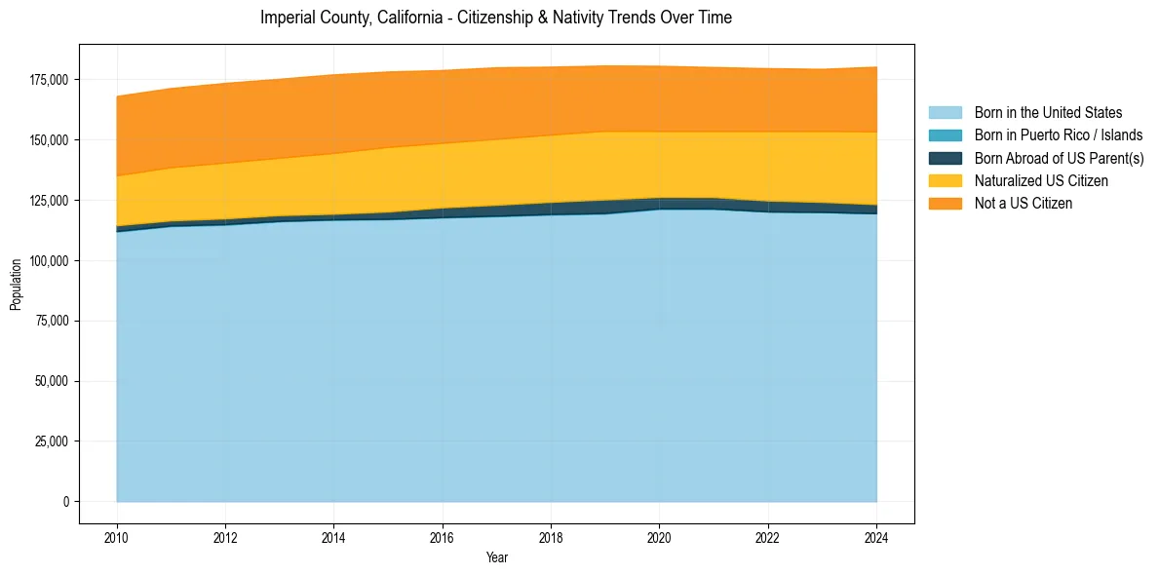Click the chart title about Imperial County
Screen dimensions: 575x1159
(x=496, y=18)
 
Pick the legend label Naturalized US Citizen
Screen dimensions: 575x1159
(x=1041, y=180)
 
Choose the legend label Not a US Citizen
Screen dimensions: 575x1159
(x=1024, y=203)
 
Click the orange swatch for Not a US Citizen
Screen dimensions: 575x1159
(x=945, y=203)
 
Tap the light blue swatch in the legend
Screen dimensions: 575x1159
(x=945, y=113)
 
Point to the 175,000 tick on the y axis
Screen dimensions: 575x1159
(x=50, y=80)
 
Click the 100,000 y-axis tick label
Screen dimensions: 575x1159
(x=50, y=261)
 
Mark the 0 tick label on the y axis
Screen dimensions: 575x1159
(x=66, y=502)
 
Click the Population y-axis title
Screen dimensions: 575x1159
(x=16, y=285)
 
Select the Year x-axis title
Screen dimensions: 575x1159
(x=496, y=558)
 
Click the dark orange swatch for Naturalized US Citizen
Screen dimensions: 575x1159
(x=945, y=180)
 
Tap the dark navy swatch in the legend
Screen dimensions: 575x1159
(x=945, y=158)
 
